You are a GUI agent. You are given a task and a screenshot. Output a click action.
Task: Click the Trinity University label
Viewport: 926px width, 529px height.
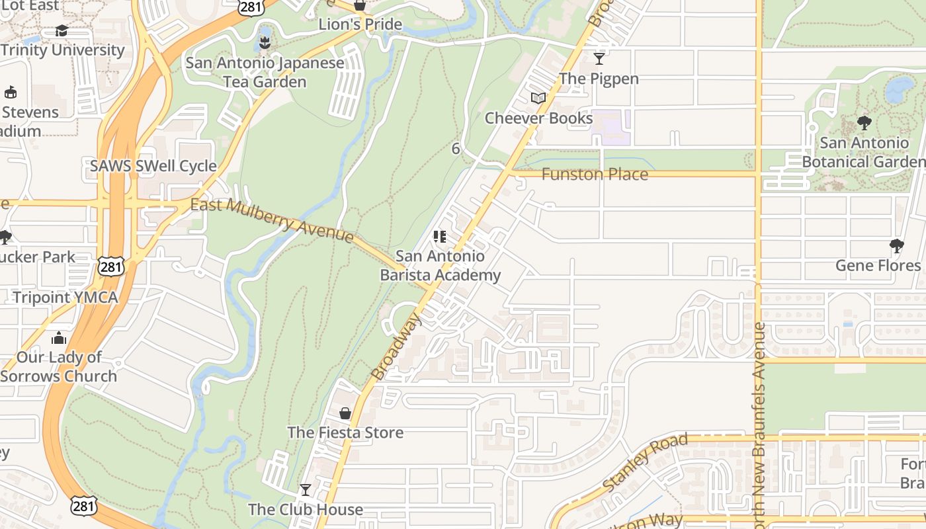(62, 50)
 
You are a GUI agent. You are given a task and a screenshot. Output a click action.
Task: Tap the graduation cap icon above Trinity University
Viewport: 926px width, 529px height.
(62, 31)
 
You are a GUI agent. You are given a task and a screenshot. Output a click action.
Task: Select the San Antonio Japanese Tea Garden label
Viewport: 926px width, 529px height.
(265, 72)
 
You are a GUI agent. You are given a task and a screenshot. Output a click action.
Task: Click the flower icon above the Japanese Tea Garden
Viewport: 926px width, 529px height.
(265, 44)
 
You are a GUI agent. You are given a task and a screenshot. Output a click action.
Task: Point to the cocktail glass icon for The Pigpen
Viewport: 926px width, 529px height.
(599, 59)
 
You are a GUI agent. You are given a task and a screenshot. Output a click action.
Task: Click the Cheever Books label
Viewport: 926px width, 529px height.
(538, 118)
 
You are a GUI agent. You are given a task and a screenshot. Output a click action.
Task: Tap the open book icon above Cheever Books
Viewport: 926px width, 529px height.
(538, 99)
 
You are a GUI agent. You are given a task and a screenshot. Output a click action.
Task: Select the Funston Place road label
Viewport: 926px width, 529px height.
(595, 175)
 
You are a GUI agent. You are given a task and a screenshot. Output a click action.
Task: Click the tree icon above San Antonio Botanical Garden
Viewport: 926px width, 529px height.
(863, 123)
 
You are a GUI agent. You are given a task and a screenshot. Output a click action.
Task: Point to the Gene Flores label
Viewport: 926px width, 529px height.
(878, 265)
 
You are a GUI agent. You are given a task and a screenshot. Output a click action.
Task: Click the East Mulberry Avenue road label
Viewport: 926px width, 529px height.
(272, 220)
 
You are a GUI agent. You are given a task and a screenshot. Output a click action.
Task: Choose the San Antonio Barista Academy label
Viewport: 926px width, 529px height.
(440, 265)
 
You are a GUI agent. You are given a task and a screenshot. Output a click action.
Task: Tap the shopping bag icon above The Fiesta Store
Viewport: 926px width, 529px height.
(345, 414)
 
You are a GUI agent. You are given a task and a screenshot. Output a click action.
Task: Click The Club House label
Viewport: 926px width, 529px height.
(305, 509)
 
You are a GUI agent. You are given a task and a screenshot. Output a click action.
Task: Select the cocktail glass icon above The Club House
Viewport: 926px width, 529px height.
(305, 490)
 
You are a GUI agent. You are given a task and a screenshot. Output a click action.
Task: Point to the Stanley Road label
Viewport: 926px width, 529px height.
(645, 462)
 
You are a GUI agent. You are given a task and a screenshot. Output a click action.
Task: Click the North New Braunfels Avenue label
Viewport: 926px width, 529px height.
(759, 423)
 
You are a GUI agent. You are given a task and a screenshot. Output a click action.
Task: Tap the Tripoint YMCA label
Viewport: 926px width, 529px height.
(65, 298)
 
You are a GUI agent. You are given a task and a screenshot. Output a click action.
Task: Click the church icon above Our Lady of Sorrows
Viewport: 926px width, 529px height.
(59, 339)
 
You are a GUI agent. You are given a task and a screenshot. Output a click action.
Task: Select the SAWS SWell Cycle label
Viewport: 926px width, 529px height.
(153, 166)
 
